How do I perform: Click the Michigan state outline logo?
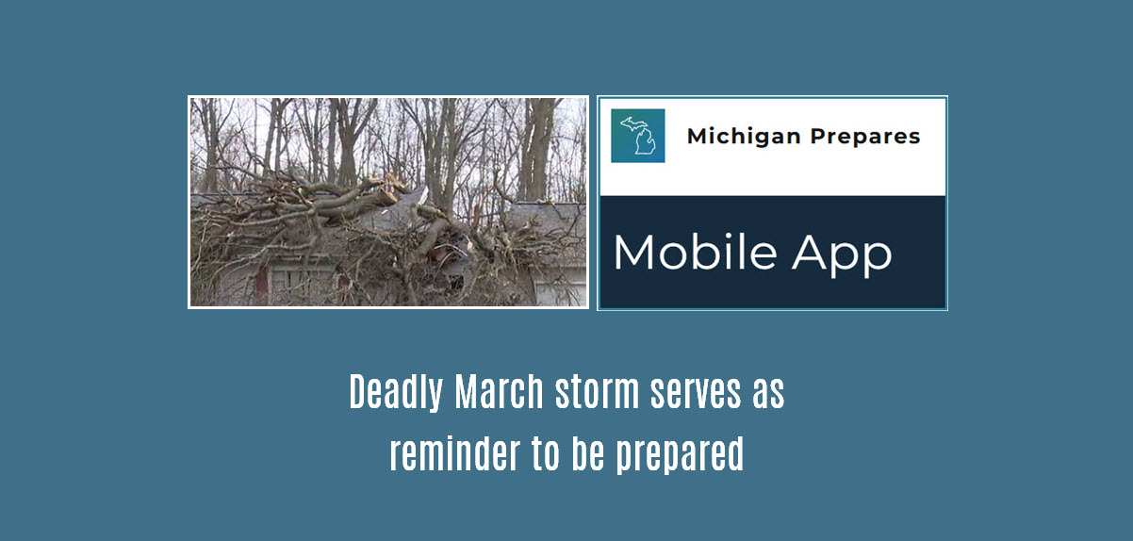coord(638,136)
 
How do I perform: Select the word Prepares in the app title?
coord(863,137)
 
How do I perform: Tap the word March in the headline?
coord(500,393)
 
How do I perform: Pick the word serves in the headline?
coord(695,393)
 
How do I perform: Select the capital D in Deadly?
coord(359,393)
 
